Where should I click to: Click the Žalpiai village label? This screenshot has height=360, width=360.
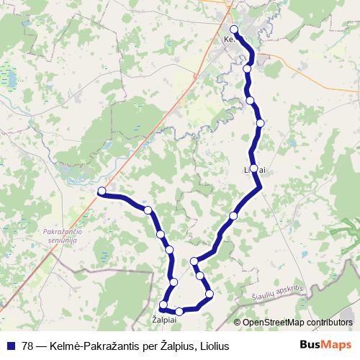(165, 318)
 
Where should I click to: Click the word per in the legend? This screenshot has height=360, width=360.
(139, 346)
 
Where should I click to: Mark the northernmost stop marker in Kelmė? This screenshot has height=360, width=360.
(234, 30)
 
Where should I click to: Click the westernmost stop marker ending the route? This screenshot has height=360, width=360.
(102, 191)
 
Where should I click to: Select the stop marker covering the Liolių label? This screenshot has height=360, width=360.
(253, 168)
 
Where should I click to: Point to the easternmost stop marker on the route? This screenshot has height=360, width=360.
(260, 123)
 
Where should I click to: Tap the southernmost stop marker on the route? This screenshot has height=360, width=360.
(179, 312)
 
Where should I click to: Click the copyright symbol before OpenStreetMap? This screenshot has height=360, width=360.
(238, 322)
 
